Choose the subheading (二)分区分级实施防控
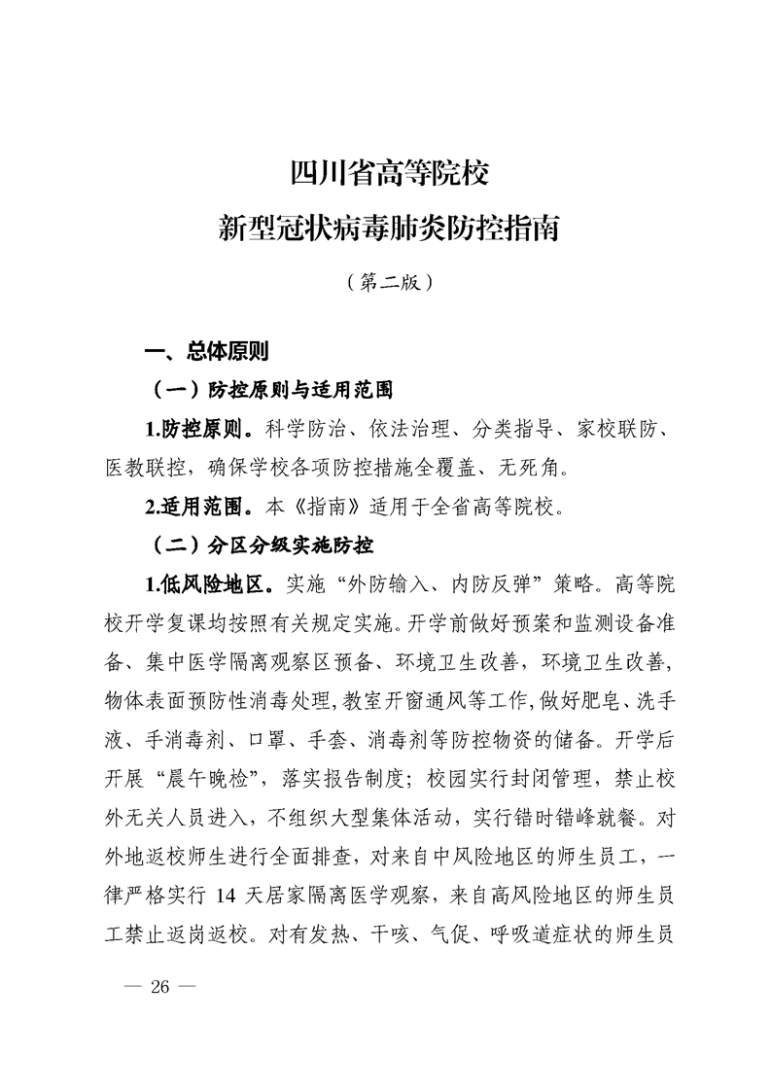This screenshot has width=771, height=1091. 263,543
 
